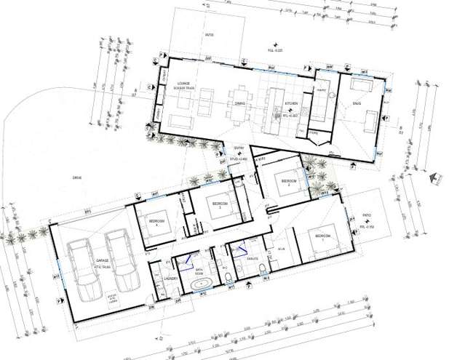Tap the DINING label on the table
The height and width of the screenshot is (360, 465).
click(239, 105)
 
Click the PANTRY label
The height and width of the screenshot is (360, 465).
click(319, 91)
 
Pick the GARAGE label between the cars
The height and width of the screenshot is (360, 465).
click(103, 260)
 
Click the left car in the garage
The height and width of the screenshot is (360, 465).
click(82, 265)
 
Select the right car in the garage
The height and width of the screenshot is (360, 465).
click(122, 258)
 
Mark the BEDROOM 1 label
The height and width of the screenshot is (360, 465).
click(321, 238)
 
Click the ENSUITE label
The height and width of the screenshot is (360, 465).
click(253, 259)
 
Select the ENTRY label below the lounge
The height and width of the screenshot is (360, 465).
click(238, 148)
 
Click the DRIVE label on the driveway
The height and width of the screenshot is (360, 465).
click(76, 177)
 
